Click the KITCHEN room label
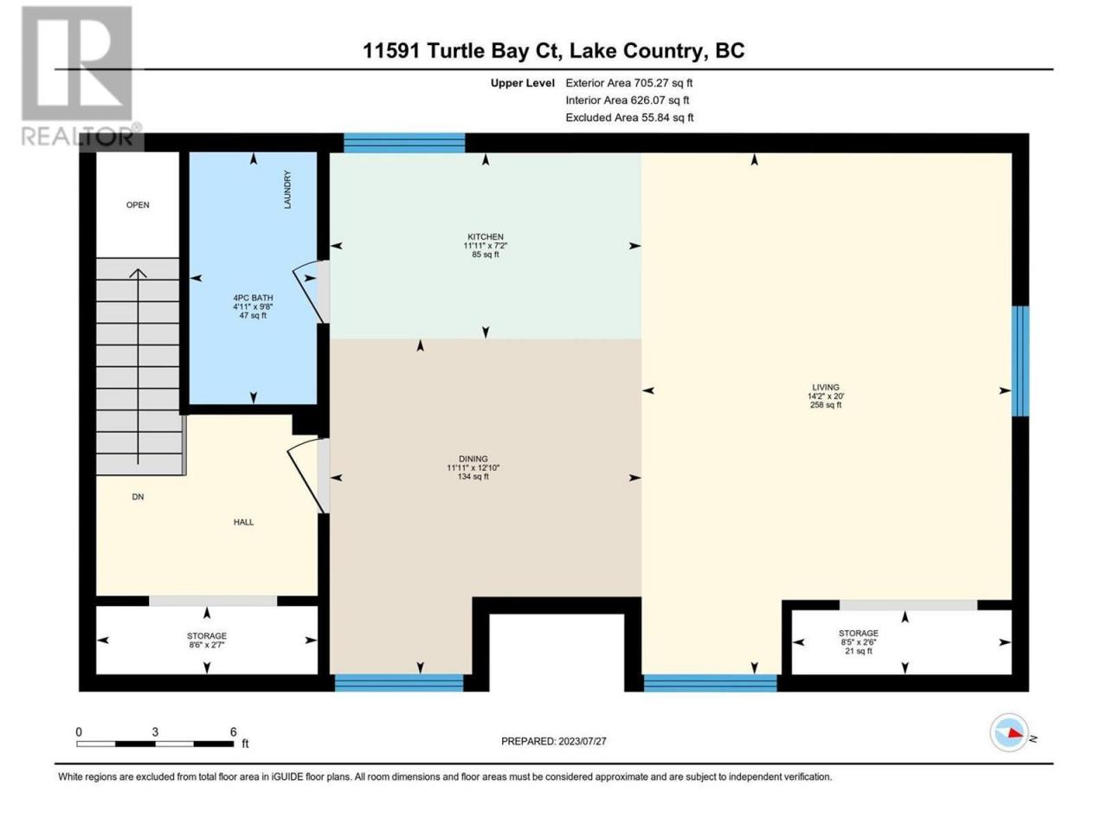point(485,236)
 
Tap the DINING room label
point(473,459)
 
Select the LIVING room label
point(826,387)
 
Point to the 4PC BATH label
point(253,298)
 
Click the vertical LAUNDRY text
point(287,190)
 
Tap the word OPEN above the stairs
point(138,205)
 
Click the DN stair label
point(138,497)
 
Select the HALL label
point(243,522)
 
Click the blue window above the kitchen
point(404,143)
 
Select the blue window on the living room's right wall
point(1021,361)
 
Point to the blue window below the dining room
point(399,682)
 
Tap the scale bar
point(156,744)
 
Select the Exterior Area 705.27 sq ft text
point(629,83)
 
